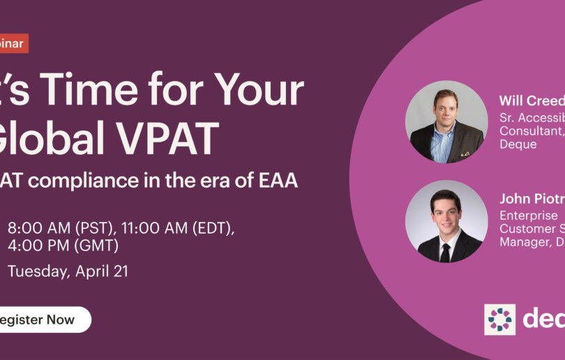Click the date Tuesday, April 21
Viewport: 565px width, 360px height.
point(68,272)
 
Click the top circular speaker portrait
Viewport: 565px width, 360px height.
point(446,122)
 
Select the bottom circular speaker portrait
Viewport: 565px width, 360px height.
point(446,221)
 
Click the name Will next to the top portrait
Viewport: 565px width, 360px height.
point(511,100)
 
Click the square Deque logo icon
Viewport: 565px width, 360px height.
point(500,320)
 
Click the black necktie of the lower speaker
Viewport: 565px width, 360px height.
point(445,252)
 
